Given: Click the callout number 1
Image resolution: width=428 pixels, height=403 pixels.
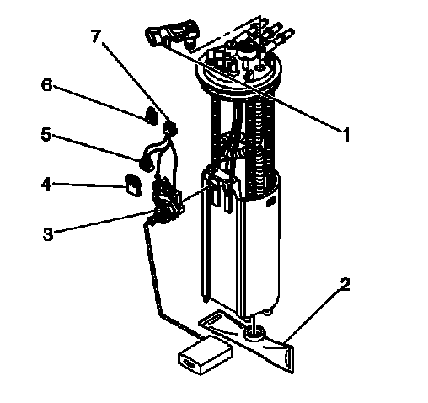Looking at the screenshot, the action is (347, 134).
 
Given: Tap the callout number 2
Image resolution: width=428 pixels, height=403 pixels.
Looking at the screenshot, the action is (345, 284).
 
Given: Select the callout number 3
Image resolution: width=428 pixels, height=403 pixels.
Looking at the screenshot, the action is (48, 234).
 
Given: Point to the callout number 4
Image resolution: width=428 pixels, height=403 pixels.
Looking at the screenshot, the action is (46, 184).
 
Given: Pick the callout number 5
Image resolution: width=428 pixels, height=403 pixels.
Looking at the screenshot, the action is (46, 134).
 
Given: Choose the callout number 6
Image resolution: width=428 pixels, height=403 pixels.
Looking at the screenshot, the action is (46, 84).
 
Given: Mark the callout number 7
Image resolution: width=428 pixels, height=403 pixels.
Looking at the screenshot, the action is (96, 36).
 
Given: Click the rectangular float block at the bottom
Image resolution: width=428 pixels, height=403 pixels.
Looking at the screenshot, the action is (206, 355).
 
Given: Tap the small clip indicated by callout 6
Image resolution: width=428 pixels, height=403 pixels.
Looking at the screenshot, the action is (151, 116).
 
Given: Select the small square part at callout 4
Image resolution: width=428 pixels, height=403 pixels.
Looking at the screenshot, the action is (133, 185).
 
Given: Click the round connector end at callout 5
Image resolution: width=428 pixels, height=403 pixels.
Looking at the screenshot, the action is (146, 164).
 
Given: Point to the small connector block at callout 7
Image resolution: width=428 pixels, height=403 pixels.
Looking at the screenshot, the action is (170, 129).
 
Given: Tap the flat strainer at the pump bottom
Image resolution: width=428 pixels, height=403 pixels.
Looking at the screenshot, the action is (247, 340).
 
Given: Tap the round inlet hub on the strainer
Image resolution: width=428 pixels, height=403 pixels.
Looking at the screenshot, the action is (254, 333).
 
